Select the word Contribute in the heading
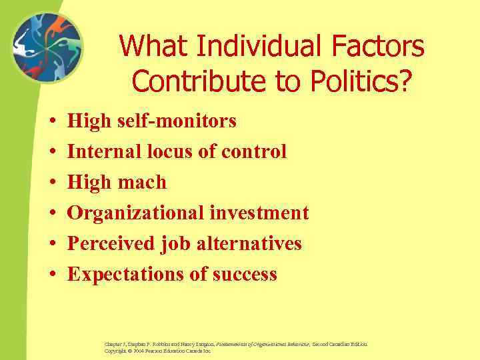coord(186,80)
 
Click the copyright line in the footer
coord(157,351)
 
